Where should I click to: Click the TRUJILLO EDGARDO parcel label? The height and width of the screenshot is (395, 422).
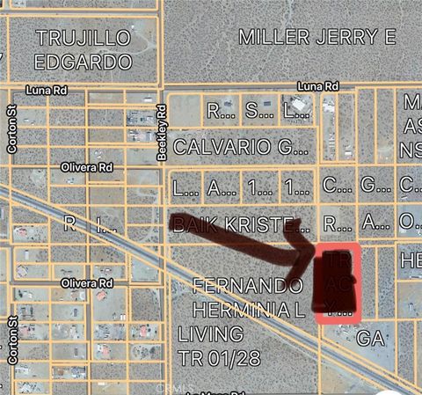click(x=84, y=49)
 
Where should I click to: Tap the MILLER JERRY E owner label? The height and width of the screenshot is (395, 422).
click(x=317, y=36)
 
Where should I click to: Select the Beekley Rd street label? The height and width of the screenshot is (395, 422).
click(x=162, y=133)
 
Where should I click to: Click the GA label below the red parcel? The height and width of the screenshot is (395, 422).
click(x=371, y=337)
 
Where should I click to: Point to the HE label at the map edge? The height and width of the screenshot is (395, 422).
click(x=411, y=261)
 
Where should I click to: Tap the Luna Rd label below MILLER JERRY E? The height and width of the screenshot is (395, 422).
click(x=317, y=86)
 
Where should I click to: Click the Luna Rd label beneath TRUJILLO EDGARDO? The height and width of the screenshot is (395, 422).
click(x=46, y=90)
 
